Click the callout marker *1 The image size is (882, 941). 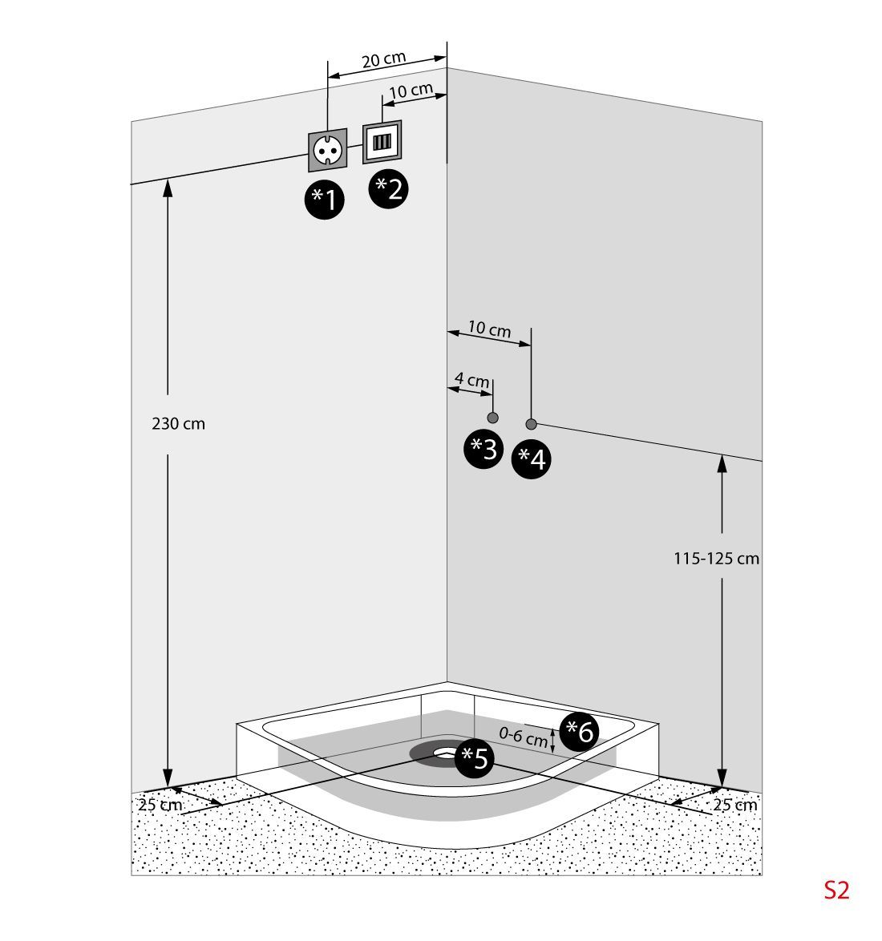(325, 200)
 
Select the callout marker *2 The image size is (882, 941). (388, 189)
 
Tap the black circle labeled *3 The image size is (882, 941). (484, 450)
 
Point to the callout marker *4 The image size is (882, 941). (532, 459)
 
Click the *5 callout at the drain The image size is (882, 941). (475, 758)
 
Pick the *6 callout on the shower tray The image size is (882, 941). (579, 731)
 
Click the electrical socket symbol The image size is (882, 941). (328, 150)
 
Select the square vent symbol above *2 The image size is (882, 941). (382, 143)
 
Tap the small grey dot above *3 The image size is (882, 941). (493, 418)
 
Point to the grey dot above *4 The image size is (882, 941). (531, 424)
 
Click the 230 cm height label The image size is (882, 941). (179, 424)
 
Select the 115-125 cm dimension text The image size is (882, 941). (716, 559)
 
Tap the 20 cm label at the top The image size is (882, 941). (383, 60)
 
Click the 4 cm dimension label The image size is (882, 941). (471, 379)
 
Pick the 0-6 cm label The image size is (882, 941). (523, 737)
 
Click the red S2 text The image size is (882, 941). (836, 891)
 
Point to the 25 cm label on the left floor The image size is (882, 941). (160, 805)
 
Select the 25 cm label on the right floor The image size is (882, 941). (734, 806)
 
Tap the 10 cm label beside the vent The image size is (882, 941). (411, 90)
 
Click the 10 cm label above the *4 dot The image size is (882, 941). (489, 329)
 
